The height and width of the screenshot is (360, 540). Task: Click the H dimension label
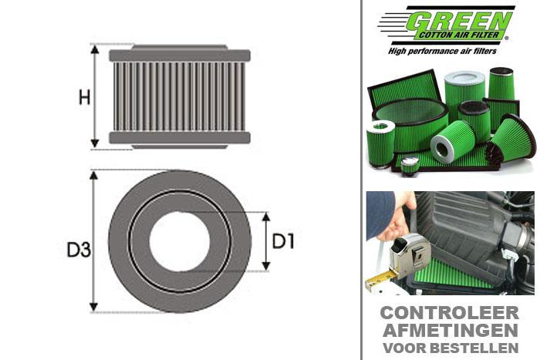[85, 97]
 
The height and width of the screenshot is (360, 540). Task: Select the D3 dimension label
[77, 250]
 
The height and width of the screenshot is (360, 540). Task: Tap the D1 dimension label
[284, 241]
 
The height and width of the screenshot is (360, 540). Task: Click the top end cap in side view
[179, 56]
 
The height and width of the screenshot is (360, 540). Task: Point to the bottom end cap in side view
[179, 138]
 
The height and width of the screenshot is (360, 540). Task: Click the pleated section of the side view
[179, 96]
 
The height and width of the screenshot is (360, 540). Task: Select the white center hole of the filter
[180, 241]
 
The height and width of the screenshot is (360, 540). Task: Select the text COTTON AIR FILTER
[462, 35]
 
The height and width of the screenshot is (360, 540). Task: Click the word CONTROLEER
[449, 314]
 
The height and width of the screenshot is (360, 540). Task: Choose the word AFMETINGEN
[449, 331]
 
